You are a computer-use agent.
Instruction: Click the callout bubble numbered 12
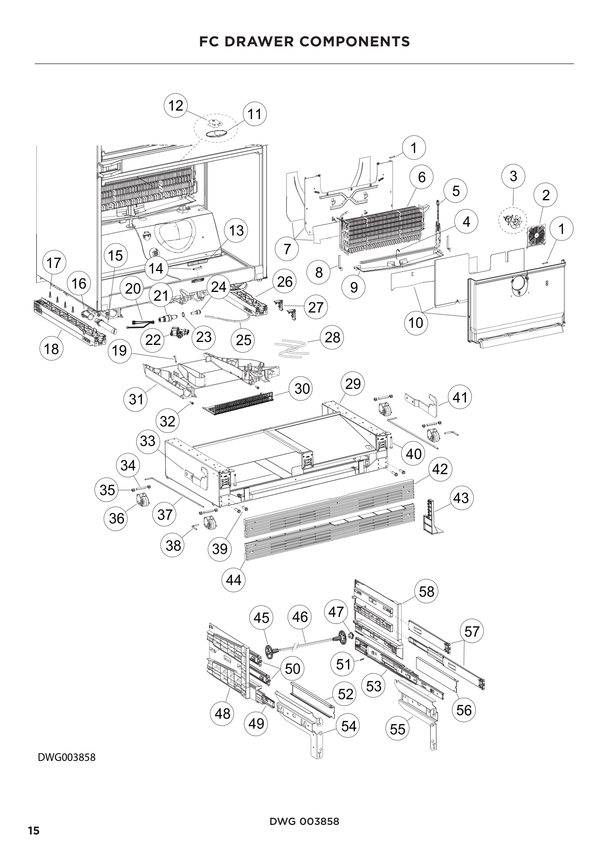click(x=176, y=105)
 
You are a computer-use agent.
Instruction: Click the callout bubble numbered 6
click(x=422, y=177)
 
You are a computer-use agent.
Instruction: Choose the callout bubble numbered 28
click(x=332, y=338)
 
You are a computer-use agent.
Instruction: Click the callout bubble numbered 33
click(x=147, y=441)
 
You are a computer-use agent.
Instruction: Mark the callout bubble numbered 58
click(x=426, y=592)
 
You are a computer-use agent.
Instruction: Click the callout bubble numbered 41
click(x=460, y=397)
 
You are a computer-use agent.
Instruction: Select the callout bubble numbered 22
click(x=153, y=340)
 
